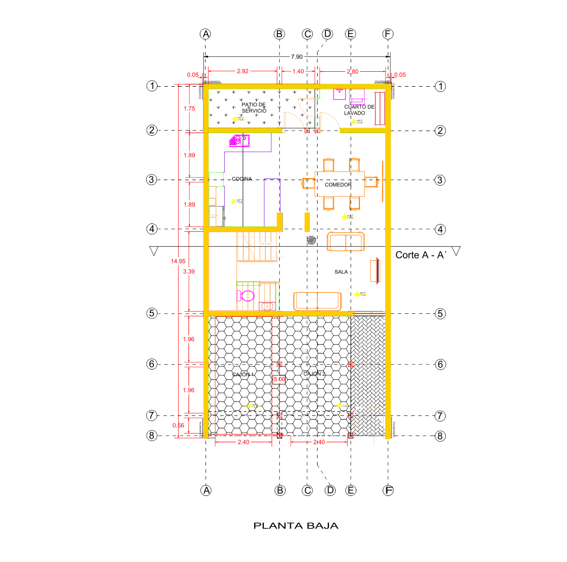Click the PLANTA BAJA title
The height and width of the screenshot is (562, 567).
click(x=296, y=526)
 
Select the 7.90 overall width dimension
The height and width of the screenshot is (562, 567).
click(x=296, y=57)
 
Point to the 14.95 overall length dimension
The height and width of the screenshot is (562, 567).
click(x=178, y=261)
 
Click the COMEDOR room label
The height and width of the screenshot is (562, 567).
click(x=338, y=185)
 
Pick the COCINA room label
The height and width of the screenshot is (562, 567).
click(x=242, y=179)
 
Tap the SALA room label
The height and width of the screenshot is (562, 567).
click(x=341, y=271)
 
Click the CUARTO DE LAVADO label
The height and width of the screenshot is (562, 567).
click(x=358, y=109)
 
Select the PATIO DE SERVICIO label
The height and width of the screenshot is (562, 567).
click(x=254, y=107)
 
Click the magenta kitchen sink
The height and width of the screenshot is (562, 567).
click(x=239, y=140)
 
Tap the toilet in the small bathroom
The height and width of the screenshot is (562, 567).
click(x=246, y=296)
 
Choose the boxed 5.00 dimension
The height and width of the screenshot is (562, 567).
click(x=279, y=379)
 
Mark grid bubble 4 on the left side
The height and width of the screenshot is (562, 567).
click(x=151, y=229)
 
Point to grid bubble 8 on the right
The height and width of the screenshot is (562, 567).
click(x=440, y=436)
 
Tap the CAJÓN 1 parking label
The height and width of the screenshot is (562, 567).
click(x=243, y=374)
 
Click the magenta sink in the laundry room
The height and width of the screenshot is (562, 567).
click(x=339, y=93)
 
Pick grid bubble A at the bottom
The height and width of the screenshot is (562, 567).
click(x=206, y=490)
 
